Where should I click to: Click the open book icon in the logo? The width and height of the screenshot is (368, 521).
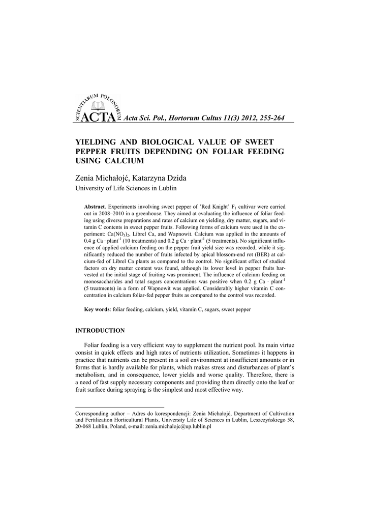tap(97, 107)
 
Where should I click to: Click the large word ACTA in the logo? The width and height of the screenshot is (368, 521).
tap(98, 118)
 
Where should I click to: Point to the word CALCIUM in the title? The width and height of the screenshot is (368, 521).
tap(125, 161)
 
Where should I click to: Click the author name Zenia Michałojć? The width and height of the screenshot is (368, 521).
tap(102, 179)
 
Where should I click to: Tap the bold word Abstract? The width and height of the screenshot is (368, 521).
tap(94, 207)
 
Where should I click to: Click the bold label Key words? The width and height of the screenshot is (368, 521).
tap(97, 309)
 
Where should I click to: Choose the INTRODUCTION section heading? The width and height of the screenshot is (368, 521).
tap(100, 330)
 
